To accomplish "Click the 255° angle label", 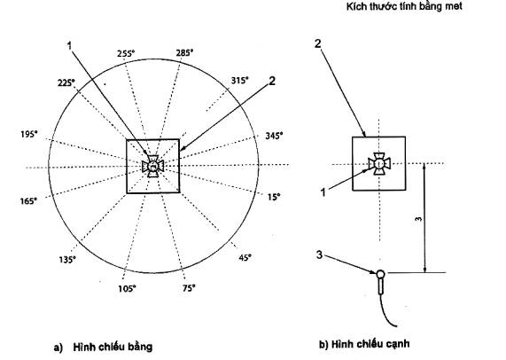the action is pos(126,53).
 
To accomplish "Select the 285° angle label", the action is pos(184,52).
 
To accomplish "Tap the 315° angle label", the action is pos(240,81).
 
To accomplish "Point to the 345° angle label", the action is pos(274,136).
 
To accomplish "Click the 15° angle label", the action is pos(274,197).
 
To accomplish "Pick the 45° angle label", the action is pos(245,258).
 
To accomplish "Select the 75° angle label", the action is pos(189,288).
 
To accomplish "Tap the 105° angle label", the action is pos(127,288).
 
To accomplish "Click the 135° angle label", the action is pos(67,260).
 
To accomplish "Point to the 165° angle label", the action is pos(28,201).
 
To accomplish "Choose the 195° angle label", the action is pos(29,134).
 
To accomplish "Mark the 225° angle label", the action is pos(66,83).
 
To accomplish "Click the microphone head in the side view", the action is pos(381,274).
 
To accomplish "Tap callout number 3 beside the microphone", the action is pos(319,255).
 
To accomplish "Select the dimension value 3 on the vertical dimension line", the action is pos(418,219).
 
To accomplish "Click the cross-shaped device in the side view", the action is pos(379,164).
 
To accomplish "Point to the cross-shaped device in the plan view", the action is pos(152,166).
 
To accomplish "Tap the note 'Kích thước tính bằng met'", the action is pos(404,6).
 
